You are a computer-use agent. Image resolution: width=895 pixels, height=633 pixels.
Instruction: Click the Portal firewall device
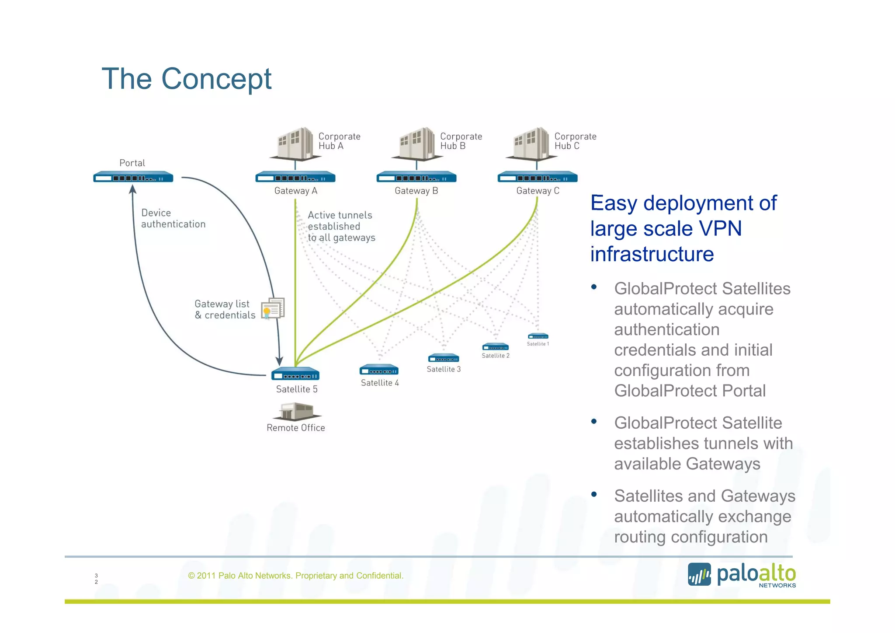click(133, 178)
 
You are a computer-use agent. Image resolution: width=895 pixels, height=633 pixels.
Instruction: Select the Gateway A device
click(295, 178)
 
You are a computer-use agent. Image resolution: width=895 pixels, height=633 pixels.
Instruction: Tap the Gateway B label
click(416, 191)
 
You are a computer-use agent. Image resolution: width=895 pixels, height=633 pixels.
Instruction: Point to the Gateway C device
click(538, 178)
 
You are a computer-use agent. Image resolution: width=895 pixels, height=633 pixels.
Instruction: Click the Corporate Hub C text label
click(575, 141)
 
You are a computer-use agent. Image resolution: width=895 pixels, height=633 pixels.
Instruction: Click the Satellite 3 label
click(444, 369)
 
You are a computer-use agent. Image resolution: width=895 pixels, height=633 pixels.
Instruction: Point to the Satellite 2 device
click(496, 347)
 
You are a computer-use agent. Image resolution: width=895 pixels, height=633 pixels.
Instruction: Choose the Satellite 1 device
click(538, 336)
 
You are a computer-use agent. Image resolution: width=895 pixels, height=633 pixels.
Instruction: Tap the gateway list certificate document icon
click(273, 309)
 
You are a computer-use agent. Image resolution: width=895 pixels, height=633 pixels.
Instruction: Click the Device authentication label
click(173, 218)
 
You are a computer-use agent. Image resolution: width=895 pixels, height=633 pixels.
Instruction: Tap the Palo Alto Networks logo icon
click(699, 574)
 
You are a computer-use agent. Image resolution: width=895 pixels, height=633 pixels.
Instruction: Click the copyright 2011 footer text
click(295, 576)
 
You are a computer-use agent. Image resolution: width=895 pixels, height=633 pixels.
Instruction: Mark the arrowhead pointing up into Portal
click(133, 189)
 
